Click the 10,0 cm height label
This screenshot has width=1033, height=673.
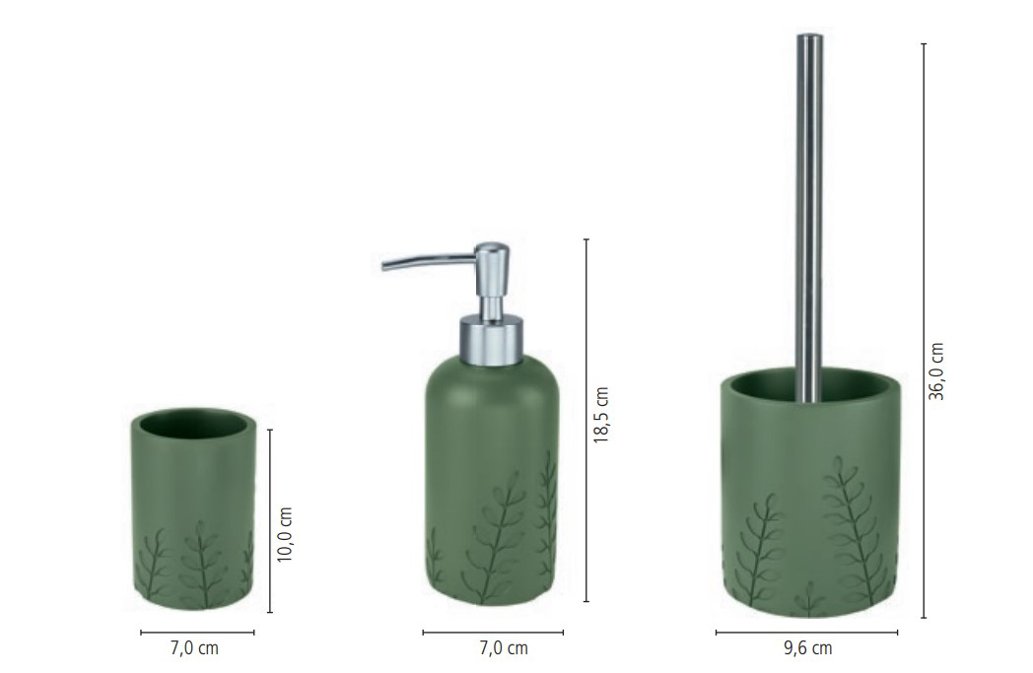285,534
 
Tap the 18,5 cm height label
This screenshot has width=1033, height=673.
601,415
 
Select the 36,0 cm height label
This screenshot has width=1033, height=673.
936,371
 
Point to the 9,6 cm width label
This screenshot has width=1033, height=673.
807,648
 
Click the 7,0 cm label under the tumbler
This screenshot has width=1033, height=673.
194,648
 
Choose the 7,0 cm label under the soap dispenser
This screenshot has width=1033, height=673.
504,648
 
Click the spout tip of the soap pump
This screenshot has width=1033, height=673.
384,266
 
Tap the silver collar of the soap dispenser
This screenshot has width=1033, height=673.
492,341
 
